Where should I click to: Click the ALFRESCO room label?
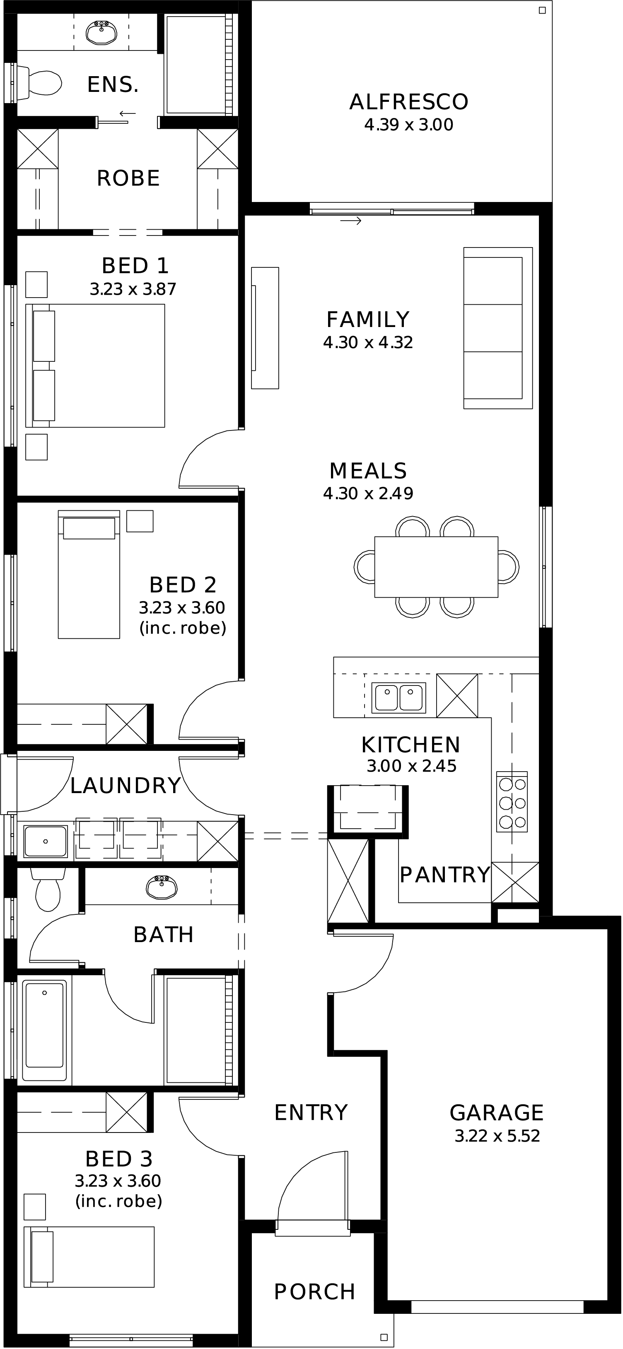[409, 102]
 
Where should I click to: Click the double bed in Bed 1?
[95, 366]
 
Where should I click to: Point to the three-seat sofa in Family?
[498, 328]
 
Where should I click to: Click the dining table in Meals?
[436, 567]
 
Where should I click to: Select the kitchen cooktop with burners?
[512, 802]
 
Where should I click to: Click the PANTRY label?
[445, 875]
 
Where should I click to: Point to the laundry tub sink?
[46, 841]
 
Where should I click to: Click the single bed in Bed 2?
[89, 575]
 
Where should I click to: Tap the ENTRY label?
[311, 1113]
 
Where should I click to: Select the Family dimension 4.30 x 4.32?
[368, 342]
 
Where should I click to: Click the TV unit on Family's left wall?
[265, 328]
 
